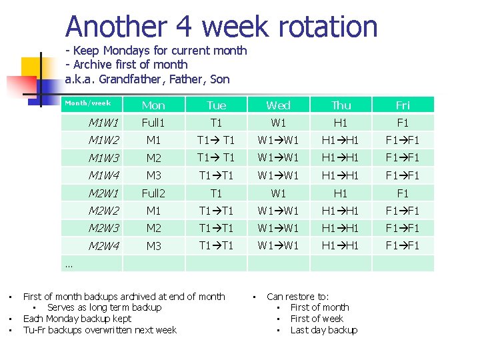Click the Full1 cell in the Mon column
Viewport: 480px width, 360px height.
point(153,123)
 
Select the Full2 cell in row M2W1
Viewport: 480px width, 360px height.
point(153,193)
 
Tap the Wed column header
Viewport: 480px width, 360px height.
point(278,105)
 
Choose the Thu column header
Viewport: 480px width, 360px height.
point(341,105)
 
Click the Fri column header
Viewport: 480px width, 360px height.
point(403,105)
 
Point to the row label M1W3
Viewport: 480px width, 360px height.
point(103,158)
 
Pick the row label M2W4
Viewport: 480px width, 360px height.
point(103,246)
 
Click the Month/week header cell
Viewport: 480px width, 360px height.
point(87,103)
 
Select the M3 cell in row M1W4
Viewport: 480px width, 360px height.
point(153,175)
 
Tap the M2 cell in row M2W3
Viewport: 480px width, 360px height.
point(153,228)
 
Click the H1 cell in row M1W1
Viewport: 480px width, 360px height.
point(341,123)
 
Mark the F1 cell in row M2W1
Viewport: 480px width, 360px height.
point(403,193)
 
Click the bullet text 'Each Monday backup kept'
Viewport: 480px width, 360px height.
point(77,319)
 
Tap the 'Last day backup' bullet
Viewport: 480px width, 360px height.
point(324,330)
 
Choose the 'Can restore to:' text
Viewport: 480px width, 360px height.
point(297,296)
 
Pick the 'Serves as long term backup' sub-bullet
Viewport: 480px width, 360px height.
point(104,307)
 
